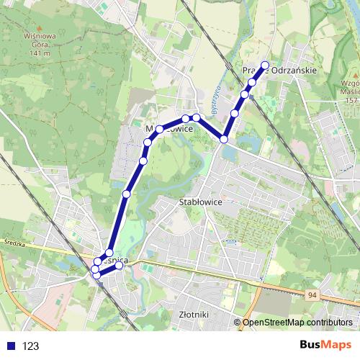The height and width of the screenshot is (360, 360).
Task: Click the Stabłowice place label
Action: (199, 202)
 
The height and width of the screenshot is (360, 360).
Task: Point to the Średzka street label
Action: (14, 243)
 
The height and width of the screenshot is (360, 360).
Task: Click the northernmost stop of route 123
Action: (265, 66)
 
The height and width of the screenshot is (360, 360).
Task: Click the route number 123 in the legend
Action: (31, 346)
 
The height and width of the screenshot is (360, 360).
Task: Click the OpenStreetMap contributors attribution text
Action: (297, 323)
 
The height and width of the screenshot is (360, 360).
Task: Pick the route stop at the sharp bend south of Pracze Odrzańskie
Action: (225, 138)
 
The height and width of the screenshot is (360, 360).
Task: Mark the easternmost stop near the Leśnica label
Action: (120, 266)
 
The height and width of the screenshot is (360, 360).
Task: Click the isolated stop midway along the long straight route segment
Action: (127, 194)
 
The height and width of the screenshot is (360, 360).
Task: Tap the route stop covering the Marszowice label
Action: (160, 129)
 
